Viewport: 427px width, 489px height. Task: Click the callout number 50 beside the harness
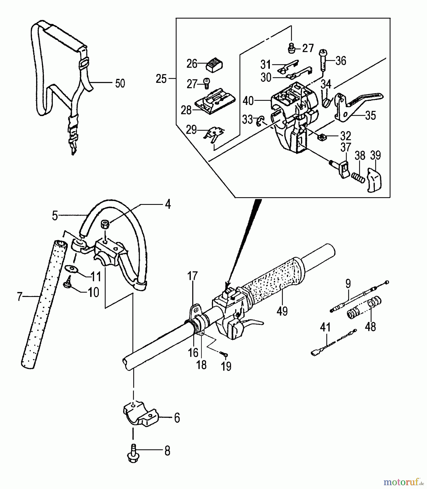120,83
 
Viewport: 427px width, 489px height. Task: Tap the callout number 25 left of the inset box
161,79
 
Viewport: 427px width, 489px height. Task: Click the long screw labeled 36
323,60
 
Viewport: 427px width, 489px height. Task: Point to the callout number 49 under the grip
282,311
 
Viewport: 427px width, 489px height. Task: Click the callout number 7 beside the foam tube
19,297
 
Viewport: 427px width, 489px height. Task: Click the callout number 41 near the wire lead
325,327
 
